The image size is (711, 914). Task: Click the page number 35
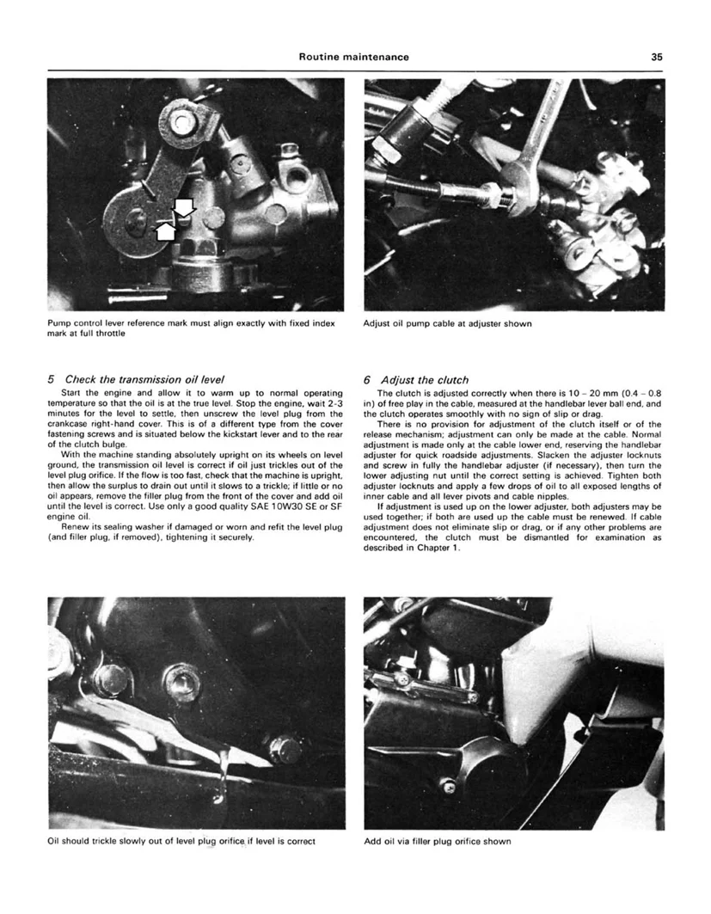click(x=656, y=58)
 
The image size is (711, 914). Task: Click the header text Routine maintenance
click(x=353, y=58)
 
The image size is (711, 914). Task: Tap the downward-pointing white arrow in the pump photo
click(x=185, y=206)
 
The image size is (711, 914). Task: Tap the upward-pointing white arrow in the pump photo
click(x=166, y=229)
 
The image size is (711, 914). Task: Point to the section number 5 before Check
click(x=52, y=379)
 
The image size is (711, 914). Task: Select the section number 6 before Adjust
click(x=368, y=379)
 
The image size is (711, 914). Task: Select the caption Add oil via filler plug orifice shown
click(x=438, y=841)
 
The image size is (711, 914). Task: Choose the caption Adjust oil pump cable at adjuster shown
click(x=448, y=324)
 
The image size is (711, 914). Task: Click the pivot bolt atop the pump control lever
click(x=180, y=122)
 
